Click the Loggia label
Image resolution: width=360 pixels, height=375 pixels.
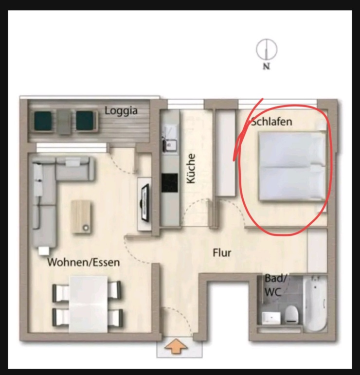(121, 111)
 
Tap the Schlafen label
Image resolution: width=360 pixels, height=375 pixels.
(271, 122)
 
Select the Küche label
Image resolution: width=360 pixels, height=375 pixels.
(191, 168)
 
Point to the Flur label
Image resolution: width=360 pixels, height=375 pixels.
(222, 253)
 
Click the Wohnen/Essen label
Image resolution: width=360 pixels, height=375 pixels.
(83, 263)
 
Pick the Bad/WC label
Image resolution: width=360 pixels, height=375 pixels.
(276, 285)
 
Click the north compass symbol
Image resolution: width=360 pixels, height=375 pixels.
(267, 49)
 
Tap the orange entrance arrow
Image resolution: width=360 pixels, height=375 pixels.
(176, 347)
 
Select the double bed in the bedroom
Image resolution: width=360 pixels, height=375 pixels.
(291, 166)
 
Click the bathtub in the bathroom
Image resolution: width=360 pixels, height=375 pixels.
(316, 304)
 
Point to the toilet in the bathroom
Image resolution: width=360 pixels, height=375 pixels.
(291, 315)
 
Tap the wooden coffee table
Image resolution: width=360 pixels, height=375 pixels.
(81, 216)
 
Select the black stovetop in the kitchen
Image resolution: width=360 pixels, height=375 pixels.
(170, 183)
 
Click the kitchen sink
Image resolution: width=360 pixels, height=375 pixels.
(171, 144)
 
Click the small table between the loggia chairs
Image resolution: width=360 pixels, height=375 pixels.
(64, 120)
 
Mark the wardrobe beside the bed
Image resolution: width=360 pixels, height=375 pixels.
(225, 153)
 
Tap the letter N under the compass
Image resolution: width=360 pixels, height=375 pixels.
(266, 67)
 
